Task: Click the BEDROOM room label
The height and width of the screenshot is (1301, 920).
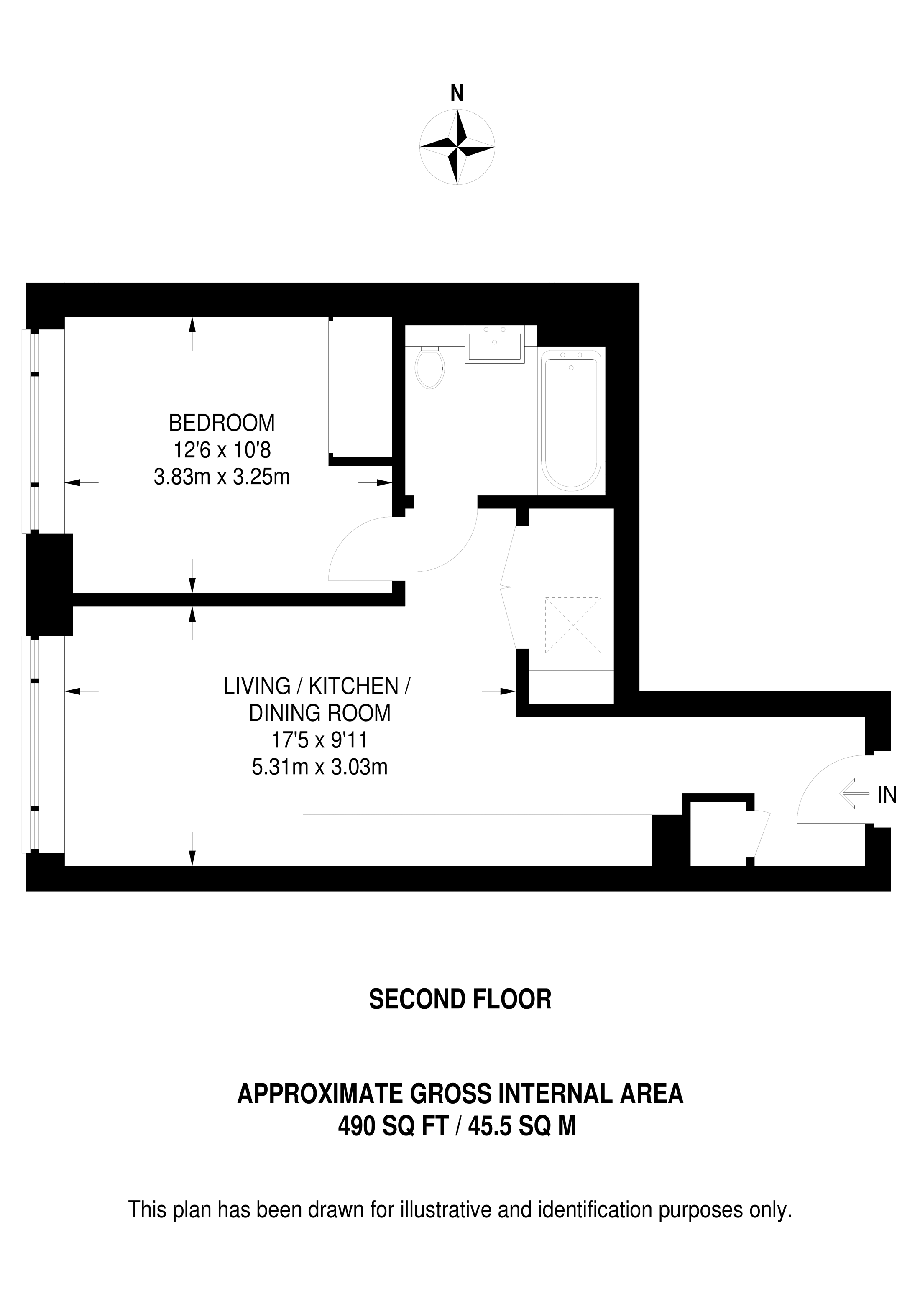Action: tap(222, 423)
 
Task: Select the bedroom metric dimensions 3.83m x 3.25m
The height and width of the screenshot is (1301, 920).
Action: tap(222, 477)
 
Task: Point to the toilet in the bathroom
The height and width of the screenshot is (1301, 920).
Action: tap(429, 367)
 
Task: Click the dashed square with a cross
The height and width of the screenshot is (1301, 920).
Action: tap(573, 625)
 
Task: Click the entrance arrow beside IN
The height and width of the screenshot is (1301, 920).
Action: tap(854, 794)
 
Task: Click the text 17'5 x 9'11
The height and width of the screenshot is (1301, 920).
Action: tap(320, 740)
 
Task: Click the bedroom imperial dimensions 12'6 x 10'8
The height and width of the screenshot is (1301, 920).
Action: tap(222, 451)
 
